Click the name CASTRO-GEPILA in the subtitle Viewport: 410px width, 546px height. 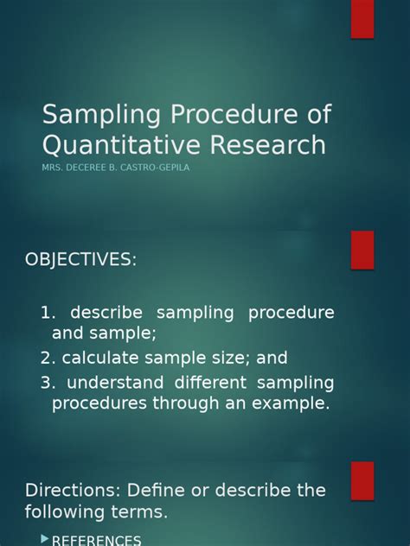click(x=157, y=168)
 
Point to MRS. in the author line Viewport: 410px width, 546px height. click(x=52, y=168)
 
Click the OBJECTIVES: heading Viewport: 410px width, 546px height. click(x=80, y=260)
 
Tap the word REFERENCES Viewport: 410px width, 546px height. click(x=96, y=540)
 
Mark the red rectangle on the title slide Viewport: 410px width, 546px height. click(x=362, y=18)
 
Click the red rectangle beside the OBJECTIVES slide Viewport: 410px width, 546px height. click(x=362, y=249)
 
